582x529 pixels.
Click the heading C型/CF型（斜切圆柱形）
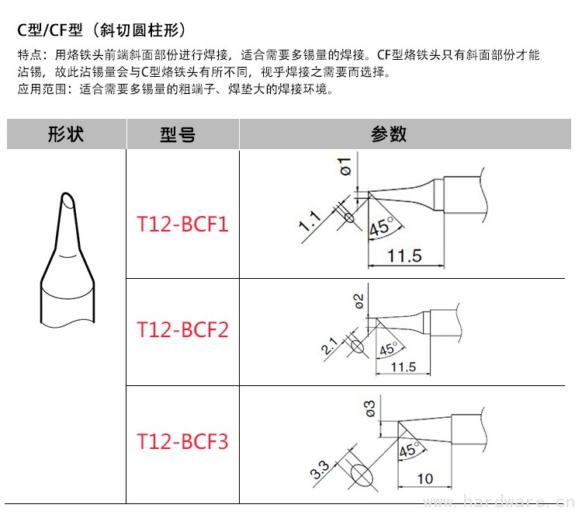[x=101, y=31]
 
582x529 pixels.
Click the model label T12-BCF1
[x=183, y=225]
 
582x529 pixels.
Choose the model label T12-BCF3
[x=183, y=442]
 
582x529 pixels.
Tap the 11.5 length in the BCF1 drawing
[x=404, y=256]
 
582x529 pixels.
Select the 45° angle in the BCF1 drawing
[x=382, y=228]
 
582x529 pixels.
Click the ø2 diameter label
[x=359, y=301]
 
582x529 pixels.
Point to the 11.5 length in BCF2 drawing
[x=404, y=367]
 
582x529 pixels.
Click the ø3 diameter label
[x=369, y=408]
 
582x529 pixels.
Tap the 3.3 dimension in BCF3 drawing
[x=318, y=469]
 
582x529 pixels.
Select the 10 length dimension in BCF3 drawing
[x=425, y=479]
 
